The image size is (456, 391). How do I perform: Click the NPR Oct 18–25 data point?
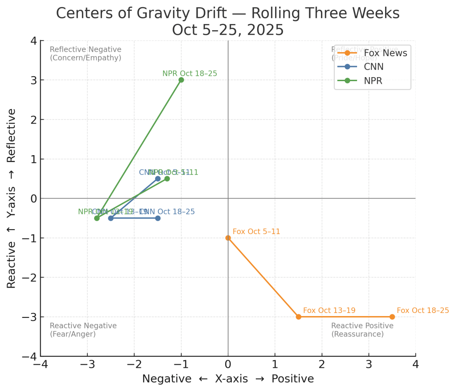(181, 80)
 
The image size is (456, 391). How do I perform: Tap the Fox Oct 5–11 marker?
(228, 238)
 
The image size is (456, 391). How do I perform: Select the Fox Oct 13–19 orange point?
(298, 317)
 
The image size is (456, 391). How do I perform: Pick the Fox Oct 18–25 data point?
(392, 317)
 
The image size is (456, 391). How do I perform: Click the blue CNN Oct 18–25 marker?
(158, 218)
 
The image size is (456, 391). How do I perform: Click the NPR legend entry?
(373, 81)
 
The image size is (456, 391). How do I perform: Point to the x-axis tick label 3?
(368, 365)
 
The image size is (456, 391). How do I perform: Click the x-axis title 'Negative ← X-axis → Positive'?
(228, 379)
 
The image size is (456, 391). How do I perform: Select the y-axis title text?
(12, 198)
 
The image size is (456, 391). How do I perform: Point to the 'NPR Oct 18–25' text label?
(189, 74)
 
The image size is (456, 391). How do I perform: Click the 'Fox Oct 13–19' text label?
(329, 310)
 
